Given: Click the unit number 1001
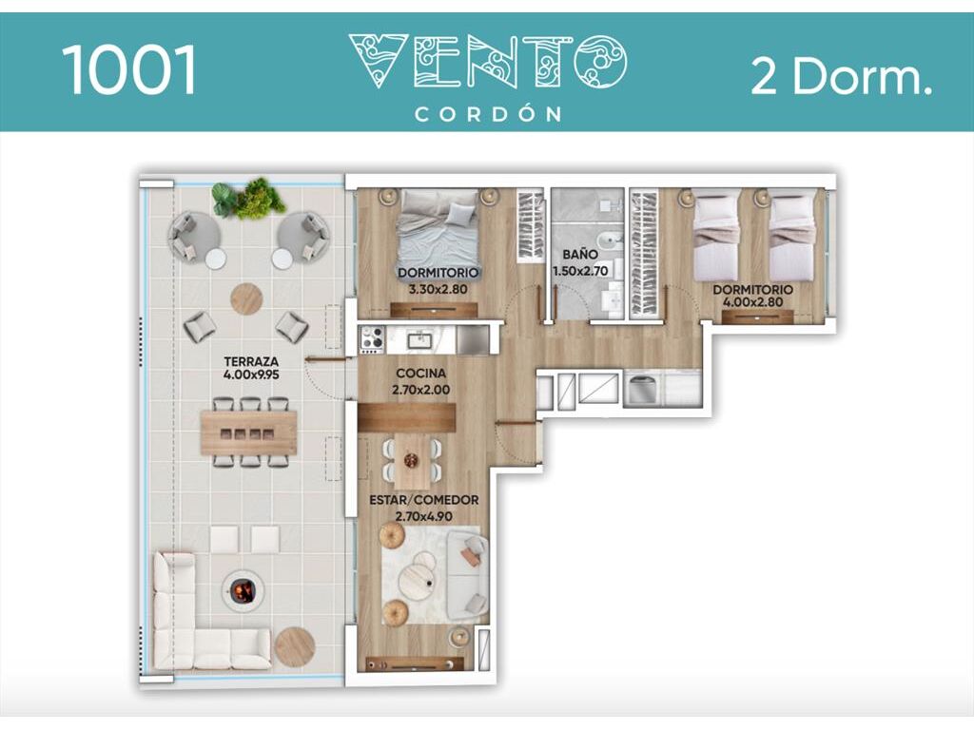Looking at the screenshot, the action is pyautogui.click(x=129, y=69).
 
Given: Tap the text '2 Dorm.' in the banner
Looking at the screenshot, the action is pyautogui.click(x=842, y=76).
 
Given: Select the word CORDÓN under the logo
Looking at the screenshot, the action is pyautogui.click(x=489, y=114).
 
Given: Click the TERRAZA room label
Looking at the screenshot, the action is pyautogui.click(x=251, y=360).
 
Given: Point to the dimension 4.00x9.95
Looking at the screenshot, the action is pyautogui.click(x=251, y=375).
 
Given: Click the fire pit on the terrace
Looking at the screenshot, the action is pyautogui.click(x=243, y=589).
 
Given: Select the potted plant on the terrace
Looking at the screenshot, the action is pyautogui.click(x=248, y=199).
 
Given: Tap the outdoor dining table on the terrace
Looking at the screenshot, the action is pyautogui.click(x=248, y=432).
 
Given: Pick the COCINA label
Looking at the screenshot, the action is pyautogui.click(x=421, y=373).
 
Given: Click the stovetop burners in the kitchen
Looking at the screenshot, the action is pyautogui.click(x=372, y=340).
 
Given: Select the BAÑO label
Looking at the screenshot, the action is pyautogui.click(x=580, y=254).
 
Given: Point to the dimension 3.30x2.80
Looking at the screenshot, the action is pyautogui.click(x=438, y=289).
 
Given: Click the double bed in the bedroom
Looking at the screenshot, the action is pyautogui.click(x=438, y=234).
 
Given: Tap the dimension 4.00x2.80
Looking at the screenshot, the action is pyautogui.click(x=752, y=302).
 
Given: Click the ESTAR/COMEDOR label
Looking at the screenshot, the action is pyautogui.click(x=423, y=500).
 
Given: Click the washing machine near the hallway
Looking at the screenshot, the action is pyautogui.click(x=643, y=389).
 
